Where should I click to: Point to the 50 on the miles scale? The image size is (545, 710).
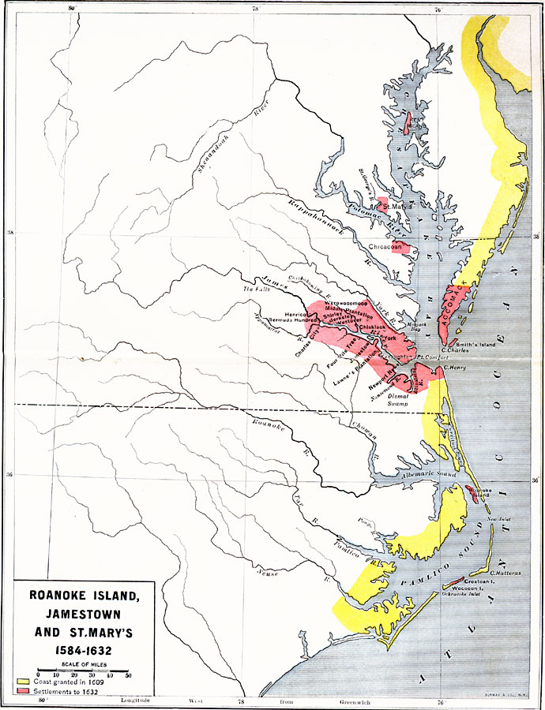pos(128,674)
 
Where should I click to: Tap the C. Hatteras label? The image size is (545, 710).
pos(505,573)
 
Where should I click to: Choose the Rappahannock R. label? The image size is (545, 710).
pos(311,220)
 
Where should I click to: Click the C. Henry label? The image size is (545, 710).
pos(458,367)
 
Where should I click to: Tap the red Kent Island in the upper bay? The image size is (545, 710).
pos(410,125)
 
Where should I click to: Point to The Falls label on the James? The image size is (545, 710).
pos(257,291)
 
